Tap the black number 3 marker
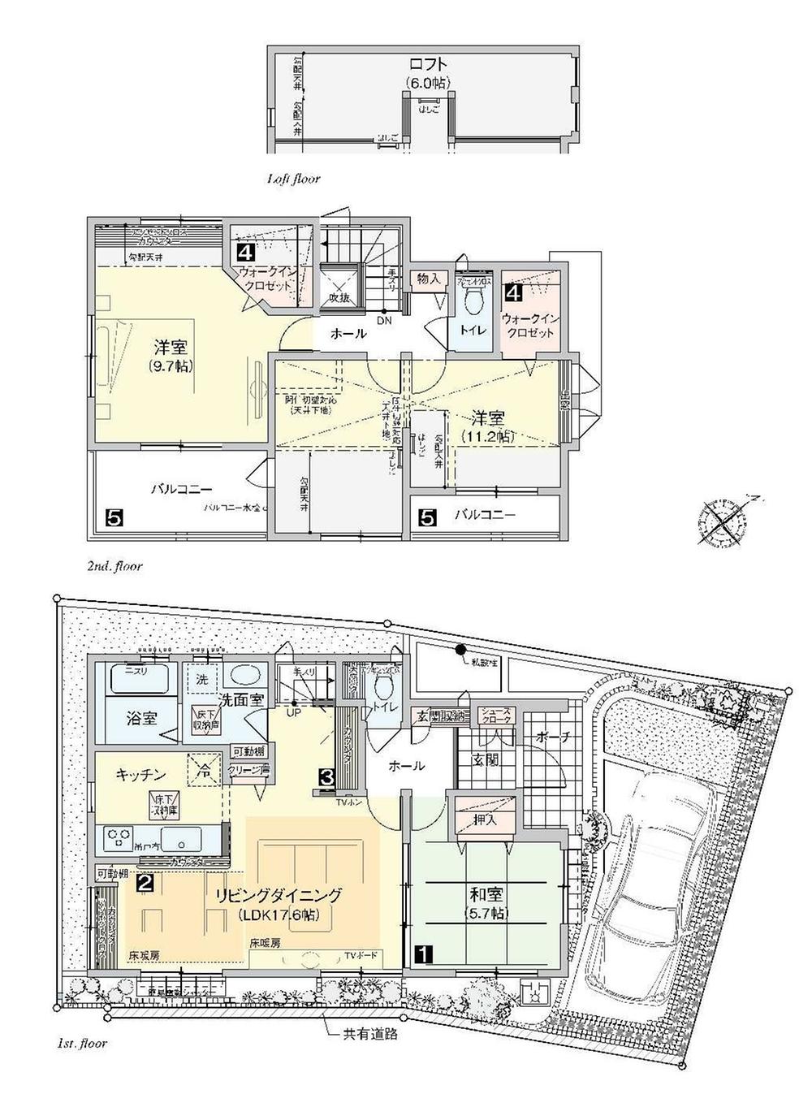coord(326,776)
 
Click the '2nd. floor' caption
coord(114,566)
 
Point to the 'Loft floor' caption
coord(293,178)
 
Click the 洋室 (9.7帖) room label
coord(171,357)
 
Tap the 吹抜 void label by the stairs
coord(339,298)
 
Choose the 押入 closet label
coord(485,820)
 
